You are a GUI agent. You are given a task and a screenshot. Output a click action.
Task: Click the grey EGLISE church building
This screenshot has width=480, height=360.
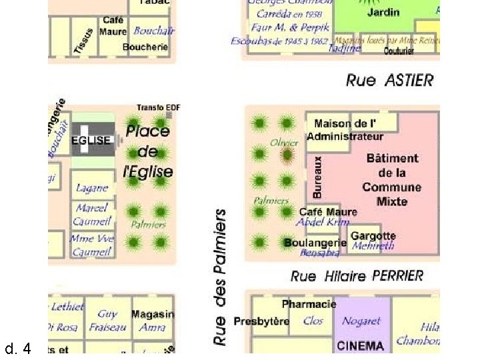tap(92, 140)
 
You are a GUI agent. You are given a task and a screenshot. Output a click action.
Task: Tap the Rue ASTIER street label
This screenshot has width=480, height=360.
tap(389, 81)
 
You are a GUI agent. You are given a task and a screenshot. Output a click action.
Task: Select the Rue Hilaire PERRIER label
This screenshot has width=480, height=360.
tap(357, 275)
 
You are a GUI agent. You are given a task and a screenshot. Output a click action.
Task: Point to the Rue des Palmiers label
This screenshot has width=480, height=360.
tap(220, 276)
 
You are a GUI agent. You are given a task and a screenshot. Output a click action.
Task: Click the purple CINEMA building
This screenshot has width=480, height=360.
tap(360, 345)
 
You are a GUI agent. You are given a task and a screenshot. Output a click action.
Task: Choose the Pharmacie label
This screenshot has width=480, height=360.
tap(309, 304)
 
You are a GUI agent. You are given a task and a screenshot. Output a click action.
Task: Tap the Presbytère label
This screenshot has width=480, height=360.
tap(261, 321)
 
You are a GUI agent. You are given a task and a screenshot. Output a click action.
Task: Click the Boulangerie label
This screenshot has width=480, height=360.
tap(315, 243)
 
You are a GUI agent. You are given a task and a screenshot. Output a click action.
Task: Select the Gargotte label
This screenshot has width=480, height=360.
tap(373, 235)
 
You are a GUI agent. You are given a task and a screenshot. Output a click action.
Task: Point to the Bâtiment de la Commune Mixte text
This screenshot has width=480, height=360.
tap(392, 180)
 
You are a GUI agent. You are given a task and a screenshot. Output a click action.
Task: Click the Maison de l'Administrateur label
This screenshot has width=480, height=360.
tap(345, 130)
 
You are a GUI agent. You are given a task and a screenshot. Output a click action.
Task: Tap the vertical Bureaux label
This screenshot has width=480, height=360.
tap(318, 177)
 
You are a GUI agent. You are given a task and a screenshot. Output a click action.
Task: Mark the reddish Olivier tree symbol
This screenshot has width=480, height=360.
tap(287, 155)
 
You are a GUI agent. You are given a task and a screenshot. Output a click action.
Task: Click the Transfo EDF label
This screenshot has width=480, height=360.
tap(159, 107)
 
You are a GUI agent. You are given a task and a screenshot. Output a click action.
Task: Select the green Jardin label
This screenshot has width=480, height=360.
tap(383, 12)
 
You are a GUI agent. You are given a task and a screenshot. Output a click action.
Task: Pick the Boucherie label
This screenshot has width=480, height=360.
tap(145, 47)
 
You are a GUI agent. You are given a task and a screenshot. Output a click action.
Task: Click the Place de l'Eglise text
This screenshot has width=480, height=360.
tap(148, 151)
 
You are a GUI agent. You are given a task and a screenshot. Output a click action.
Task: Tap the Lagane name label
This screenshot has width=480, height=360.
tap(92, 189)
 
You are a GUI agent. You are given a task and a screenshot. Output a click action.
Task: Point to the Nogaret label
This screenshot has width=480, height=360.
tap(361, 321)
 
